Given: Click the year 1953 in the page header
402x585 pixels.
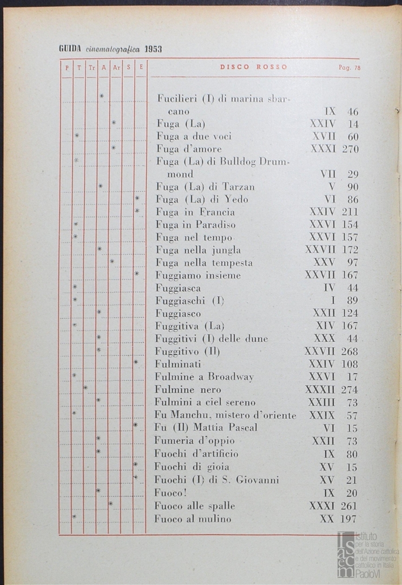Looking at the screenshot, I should pyautogui.click(x=154, y=49).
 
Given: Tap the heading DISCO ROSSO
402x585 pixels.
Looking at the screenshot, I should pyautogui.click(x=253, y=68).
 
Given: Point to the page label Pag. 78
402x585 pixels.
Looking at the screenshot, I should pyautogui.click(x=349, y=68).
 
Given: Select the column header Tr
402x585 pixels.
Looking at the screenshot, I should pyautogui.click(x=91, y=68).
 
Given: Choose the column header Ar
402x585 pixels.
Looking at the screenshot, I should pyautogui.click(x=116, y=68).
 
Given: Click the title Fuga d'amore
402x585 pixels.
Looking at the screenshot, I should pyautogui.click(x=189, y=149).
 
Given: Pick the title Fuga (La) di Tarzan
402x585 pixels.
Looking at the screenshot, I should pyautogui.click(x=205, y=187).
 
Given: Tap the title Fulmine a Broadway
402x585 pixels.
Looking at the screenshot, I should pyautogui.click(x=204, y=376).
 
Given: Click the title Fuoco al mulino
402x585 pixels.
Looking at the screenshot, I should pyautogui.click(x=193, y=519).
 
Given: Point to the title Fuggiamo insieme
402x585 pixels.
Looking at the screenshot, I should pyautogui.click(x=198, y=275).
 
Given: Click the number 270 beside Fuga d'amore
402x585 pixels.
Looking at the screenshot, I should pyautogui.click(x=350, y=149).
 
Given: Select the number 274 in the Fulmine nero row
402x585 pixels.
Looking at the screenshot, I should pyautogui.click(x=350, y=389).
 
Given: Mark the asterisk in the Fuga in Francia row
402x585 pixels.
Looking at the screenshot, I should pyautogui.click(x=137, y=211).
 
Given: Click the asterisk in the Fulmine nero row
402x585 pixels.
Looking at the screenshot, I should pyautogui.click(x=85, y=388).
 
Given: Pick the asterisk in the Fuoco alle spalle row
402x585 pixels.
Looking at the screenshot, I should pyautogui.click(x=110, y=504).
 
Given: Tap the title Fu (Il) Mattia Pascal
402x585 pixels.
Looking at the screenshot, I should pyautogui.click(x=206, y=427).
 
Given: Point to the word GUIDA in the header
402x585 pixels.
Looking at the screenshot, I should pyautogui.click(x=70, y=49).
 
